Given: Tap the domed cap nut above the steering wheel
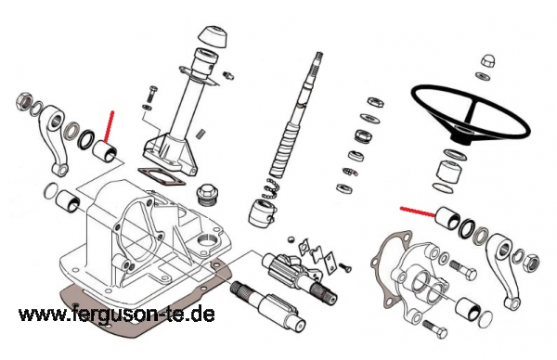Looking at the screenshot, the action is (x=487, y=60).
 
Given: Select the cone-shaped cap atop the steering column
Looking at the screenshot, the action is (x=212, y=36).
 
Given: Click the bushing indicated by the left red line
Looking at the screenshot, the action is (x=104, y=151).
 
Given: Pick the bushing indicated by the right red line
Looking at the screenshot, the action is (x=448, y=217).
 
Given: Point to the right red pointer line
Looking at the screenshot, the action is (x=418, y=212).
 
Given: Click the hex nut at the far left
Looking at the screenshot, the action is (x=24, y=100).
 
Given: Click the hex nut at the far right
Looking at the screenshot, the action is (x=531, y=262).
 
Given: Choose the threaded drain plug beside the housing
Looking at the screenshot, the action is (x=206, y=195).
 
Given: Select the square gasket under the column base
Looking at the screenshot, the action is (x=161, y=177).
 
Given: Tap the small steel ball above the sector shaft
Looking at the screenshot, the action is (x=291, y=239).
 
